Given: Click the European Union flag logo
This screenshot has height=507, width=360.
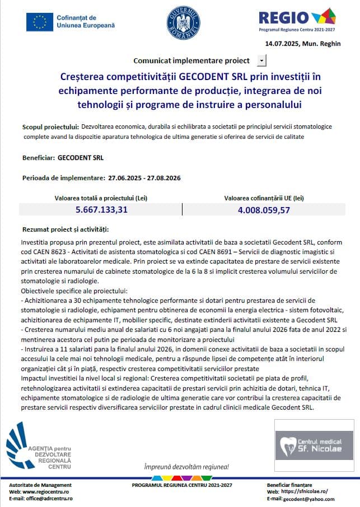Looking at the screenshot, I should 40,22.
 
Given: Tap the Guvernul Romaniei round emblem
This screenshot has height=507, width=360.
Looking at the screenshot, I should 183,22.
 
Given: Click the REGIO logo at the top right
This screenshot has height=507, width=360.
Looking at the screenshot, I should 297,18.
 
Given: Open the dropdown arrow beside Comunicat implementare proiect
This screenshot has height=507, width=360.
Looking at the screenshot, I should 262,60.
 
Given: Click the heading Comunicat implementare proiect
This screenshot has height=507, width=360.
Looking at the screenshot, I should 191,60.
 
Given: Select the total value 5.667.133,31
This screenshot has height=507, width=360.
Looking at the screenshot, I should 102,210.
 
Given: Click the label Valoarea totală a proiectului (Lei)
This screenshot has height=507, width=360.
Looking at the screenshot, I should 101,198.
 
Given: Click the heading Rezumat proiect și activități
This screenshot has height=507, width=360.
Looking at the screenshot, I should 66,229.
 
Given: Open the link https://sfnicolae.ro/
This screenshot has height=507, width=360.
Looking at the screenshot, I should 305,491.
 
